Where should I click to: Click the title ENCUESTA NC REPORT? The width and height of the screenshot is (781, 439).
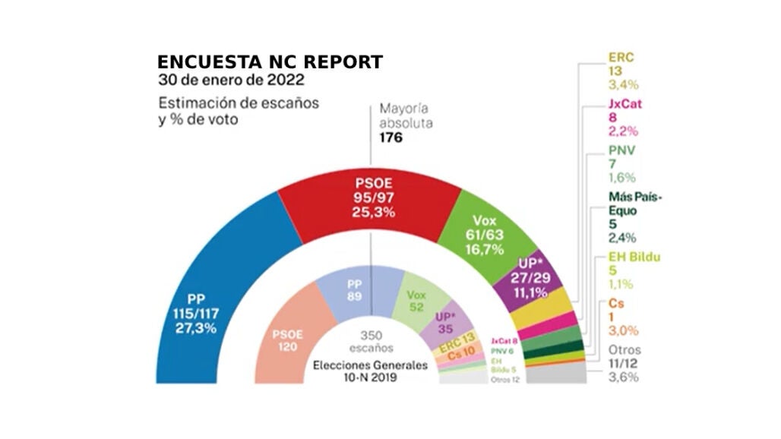point(270,62)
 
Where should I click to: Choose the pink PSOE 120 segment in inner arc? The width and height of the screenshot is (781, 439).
point(292,343)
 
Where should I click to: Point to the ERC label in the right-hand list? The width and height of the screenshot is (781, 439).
point(621,57)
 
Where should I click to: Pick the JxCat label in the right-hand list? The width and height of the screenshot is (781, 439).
point(624,104)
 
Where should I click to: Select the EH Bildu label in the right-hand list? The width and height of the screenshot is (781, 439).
point(634,257)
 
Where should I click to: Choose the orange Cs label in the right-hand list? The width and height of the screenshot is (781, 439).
point(616,304)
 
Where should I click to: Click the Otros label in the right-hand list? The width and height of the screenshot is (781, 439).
point(624,350)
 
